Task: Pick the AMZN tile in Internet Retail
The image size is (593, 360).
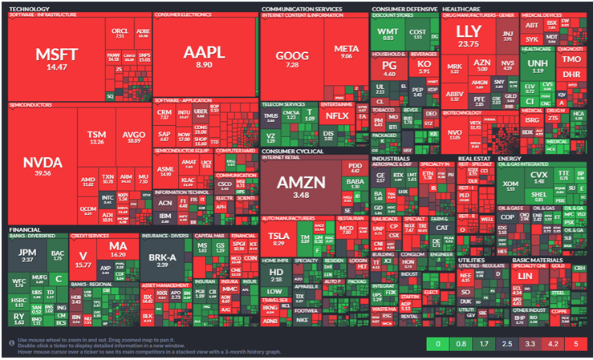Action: tap(301, 185)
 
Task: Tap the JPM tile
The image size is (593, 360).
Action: tap(27, 256)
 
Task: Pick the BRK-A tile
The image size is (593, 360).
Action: tap(162, 260)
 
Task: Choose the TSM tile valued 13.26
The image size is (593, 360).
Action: tap(97, 136)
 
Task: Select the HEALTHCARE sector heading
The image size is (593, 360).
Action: tap(461, 8)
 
